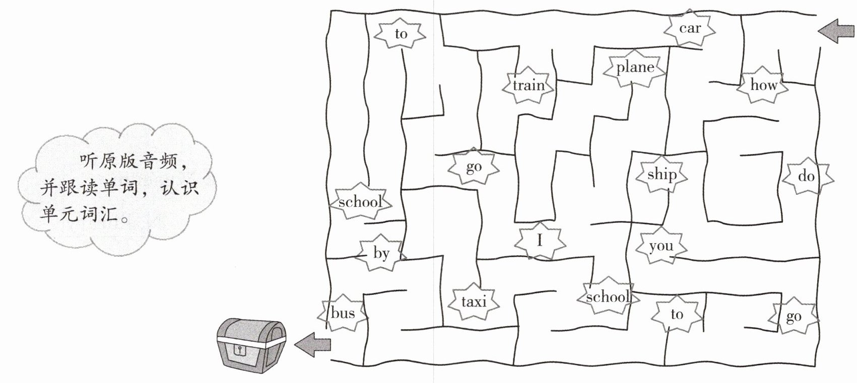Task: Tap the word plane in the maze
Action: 635,67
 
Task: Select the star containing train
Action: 529,85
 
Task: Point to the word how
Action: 763,85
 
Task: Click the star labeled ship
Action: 662,175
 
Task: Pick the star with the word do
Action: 807,176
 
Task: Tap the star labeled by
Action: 381,253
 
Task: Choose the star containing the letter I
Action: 540,241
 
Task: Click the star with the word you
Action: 661,246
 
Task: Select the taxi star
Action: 474,301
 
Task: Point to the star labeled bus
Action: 343,313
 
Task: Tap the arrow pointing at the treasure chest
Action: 312,344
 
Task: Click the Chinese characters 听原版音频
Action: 128,162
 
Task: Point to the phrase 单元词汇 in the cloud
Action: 79,214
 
